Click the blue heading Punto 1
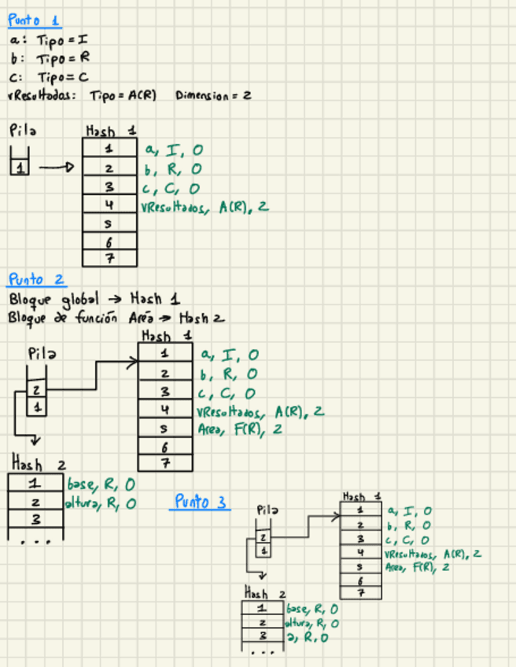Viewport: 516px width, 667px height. coord(33,21)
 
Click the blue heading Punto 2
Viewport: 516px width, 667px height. coord(36,279)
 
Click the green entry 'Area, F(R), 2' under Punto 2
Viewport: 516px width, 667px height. coord(239,429)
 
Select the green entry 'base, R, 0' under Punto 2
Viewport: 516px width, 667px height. coord(101,484)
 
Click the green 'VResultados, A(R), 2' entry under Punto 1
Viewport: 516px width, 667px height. coord(204,207)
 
